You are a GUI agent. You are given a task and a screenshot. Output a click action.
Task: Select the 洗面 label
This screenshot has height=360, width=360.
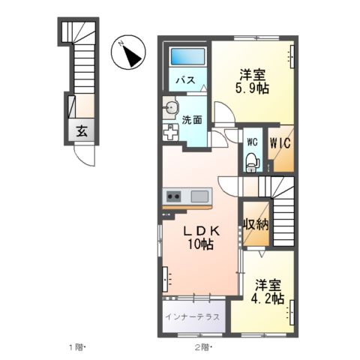click(192, 118)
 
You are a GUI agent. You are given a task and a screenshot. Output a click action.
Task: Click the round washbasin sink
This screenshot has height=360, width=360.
click(171, 107)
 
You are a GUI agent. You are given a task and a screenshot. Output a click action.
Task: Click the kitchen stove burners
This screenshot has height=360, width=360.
click(174, 196)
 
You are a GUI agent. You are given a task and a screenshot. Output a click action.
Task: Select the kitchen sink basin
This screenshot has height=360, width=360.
click(199, 196)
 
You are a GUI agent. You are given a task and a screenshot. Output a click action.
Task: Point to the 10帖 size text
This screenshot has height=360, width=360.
click(200, 245)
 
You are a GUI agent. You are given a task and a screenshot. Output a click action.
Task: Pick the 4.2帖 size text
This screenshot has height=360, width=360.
click(268, 298)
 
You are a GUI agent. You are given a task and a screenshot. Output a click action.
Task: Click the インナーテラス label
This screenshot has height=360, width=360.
click(192, 317)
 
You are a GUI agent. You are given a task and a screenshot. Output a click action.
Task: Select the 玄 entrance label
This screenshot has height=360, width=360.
click(82, 130)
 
